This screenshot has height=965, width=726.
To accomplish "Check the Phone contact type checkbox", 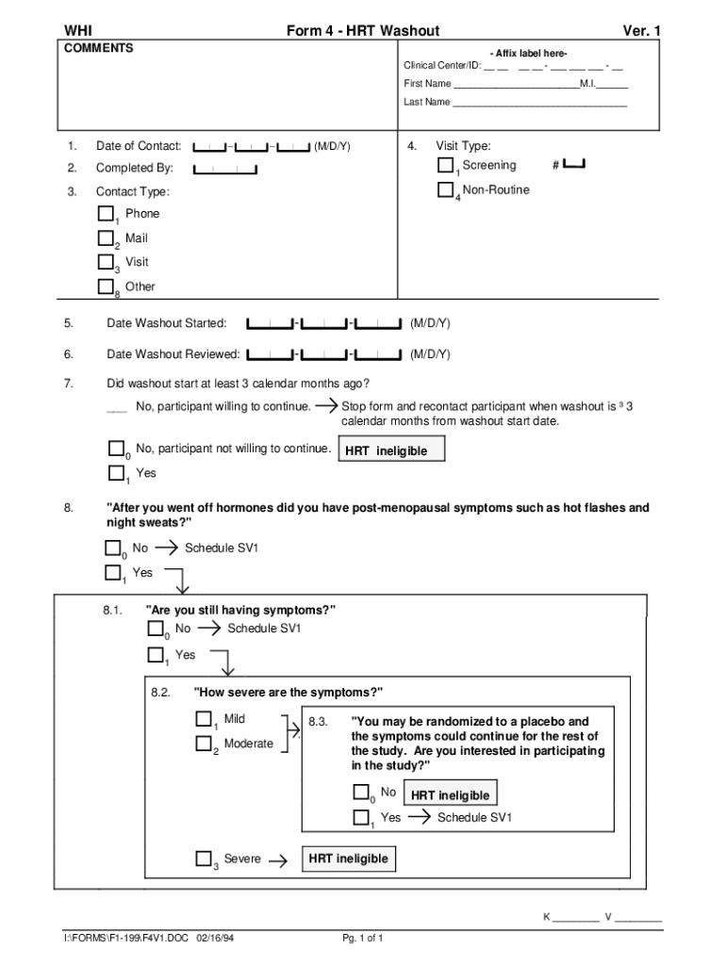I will (x=105, y=213).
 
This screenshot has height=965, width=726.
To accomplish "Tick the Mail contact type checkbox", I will (x=105, y=237).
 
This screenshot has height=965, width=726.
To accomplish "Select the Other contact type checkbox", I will (x=105, y=286).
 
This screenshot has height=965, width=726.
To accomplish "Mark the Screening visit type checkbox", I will (x=446, y=165).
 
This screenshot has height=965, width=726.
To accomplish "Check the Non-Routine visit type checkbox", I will (x=446, y=189).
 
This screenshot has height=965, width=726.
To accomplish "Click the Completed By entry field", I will (x=225, y=169).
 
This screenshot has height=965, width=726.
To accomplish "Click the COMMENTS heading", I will (x=98, y=48).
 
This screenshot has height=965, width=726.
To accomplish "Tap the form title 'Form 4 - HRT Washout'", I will (x=363, y=31).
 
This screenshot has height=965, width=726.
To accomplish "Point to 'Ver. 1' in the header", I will (x=641, y=31).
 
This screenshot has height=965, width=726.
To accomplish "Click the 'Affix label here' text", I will (x=528, y=52).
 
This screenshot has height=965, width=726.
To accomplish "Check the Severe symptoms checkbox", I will (x=204, y=859).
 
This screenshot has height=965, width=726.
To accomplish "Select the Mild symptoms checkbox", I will (x=204, y=719).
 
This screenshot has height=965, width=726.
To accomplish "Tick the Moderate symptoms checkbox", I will (x=204, y=744).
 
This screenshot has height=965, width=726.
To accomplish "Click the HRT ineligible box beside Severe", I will (x=348, y=859).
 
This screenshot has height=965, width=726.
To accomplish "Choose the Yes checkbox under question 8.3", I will (x=361, y=818).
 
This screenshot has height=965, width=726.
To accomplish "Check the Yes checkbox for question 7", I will (x=117, y=473).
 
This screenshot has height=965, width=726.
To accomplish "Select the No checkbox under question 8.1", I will (x=156, y=629).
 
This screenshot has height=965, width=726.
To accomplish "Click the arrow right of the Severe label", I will (x=278, y=860).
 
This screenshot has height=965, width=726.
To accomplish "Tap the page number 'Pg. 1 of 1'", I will (x=363, y=939).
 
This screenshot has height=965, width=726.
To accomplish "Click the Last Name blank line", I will (x=539, y=102).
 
